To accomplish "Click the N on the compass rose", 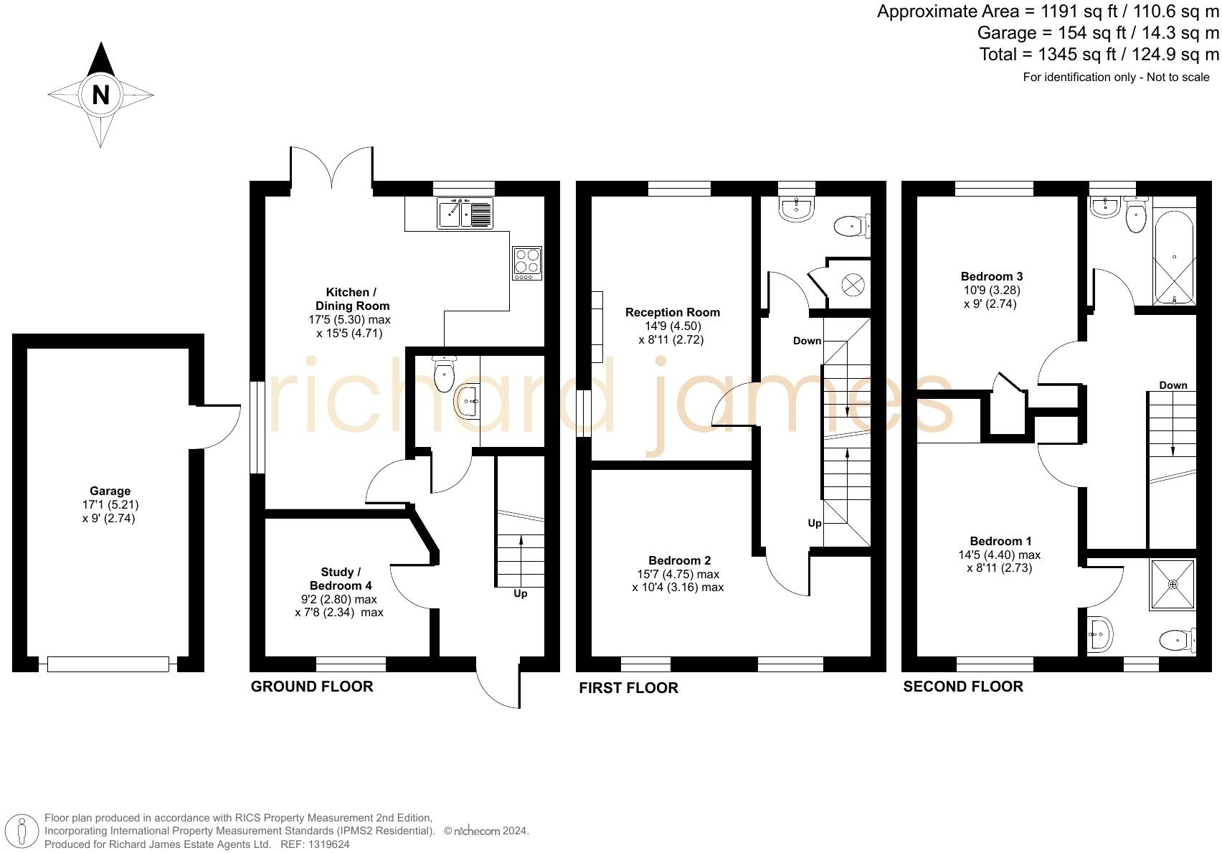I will (x=100, y=95).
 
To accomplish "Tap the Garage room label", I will (x=110, y=491).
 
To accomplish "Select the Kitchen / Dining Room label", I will (x=351, y=299).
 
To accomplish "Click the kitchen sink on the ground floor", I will (x=465, y=213).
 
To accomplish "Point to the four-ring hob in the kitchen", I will (x=527, y=263).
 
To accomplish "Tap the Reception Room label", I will (x=672, y=312).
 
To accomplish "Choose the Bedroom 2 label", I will (x=679, y=560).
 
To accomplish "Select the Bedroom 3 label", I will (x=992, y=276).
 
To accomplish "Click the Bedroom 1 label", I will (x=1000, y=541).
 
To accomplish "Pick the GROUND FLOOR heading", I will (x=312, y=687).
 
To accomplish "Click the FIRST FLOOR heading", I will (x=628, y=688).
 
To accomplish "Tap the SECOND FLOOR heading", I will (x=962, y=687).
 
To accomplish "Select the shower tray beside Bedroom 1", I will (x=1173, y=584).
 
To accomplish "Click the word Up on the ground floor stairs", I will (x=521, y=593).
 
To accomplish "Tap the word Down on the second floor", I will (x=1173, y=385).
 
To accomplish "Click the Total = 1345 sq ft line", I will (x=1099, y=55).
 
